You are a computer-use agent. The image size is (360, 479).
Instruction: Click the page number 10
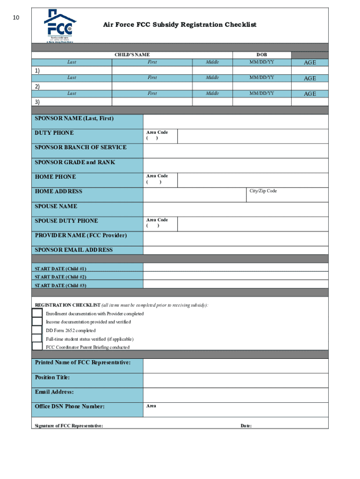pos(16,18)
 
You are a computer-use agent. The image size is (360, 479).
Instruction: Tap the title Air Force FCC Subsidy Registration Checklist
pos(180,25)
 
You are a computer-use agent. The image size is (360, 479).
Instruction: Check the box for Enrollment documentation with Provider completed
pos(37,313)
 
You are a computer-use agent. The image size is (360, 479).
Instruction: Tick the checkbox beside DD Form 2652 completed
pos(37,330)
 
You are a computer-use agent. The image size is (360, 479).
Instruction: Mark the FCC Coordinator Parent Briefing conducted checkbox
pos(37,347)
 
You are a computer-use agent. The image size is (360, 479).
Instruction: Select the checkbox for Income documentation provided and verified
pos(37,322)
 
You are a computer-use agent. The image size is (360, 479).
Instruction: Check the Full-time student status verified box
pos(37,338)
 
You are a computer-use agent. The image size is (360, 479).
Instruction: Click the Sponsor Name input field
pos(235,122)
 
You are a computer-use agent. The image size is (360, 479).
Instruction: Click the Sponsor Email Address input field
pos(235,250)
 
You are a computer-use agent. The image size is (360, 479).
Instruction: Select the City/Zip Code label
pos(263,191)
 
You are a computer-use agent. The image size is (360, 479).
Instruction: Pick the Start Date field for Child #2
pos(235,276)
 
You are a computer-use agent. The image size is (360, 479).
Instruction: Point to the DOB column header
pos(261,55)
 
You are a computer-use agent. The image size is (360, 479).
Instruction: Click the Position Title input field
pos(235,380)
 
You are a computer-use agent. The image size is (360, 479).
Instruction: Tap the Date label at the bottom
pos(246,426)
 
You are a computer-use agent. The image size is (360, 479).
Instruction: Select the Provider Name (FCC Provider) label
pos(81,235)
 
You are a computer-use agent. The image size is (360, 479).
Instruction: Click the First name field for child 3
pos(152,102)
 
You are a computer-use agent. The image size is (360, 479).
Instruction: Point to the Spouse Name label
pos(56,206)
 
